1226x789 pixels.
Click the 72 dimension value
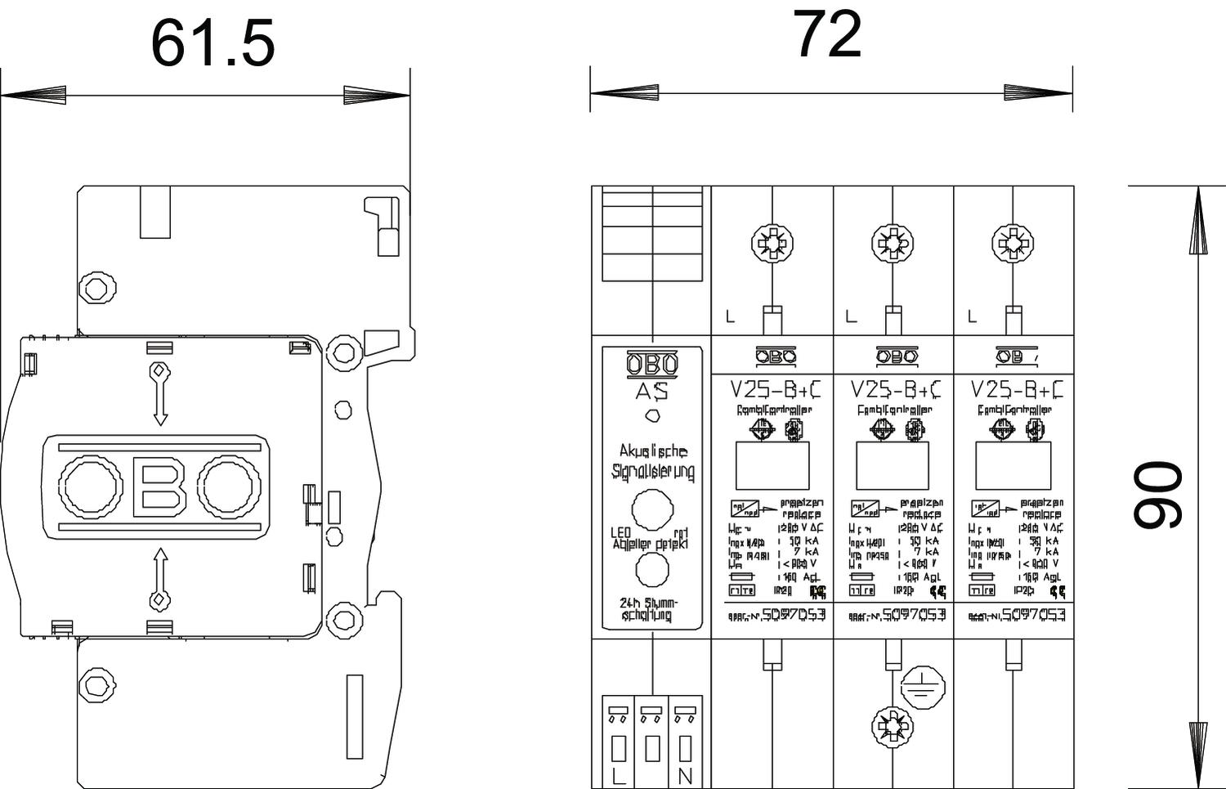click(x=827, y=34)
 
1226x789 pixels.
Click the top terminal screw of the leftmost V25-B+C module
click(x=772, y=243)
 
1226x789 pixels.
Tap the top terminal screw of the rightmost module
click(x=1013, y=243)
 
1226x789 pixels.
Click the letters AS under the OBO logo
click(x=651, y=392)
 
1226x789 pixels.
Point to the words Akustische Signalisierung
click(x=652, y=461)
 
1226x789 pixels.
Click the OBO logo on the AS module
click(x=651, y=364)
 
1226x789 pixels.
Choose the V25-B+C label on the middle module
click(x=895, y=388)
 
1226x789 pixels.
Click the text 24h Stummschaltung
click(x=649, y=610)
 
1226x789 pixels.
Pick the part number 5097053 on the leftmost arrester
click(x=792, y=614)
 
